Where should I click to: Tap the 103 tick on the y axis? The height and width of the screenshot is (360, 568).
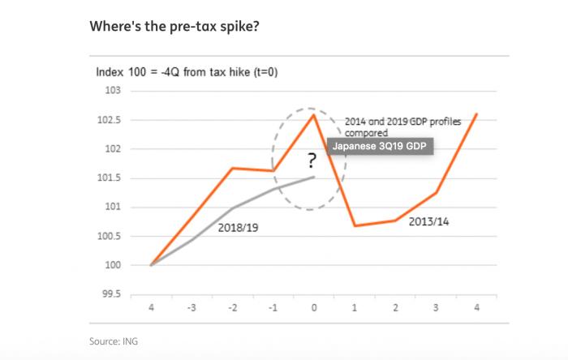pos(113,91)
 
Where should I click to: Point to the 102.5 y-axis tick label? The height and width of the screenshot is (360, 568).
pos(110,120)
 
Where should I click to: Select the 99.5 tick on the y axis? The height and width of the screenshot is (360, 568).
pos(110,294)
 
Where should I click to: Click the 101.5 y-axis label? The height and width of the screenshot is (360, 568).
pos(110,178)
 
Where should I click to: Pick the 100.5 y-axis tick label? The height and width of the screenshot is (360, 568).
pos(110,236)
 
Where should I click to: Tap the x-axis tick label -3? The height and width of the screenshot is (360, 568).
pos(191,309)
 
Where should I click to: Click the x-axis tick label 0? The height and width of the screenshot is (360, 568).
pos(314,309)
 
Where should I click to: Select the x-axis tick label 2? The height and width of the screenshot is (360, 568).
pos(395,309)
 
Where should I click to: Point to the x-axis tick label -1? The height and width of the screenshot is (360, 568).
pos(273,309)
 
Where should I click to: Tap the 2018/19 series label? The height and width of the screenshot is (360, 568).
pos(238,229)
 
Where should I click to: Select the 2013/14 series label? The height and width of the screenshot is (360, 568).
pos(430,221)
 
